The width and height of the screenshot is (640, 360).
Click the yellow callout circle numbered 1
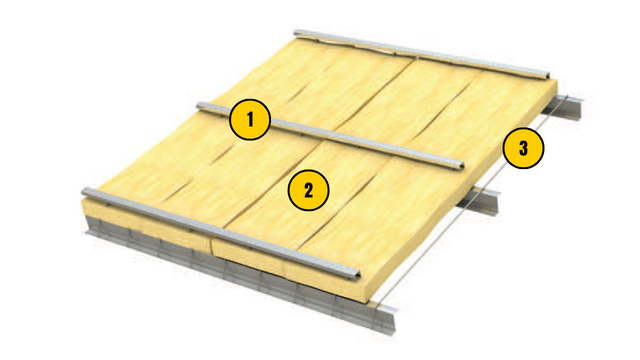pyautogui.click(x=250, y=121)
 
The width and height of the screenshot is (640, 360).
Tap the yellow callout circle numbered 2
pyautogui.click(x=309, y=189)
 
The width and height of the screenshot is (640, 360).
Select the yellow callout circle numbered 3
pyautogui.click(x=524, y=150)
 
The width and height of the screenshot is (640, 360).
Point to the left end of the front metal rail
pyautogui.click(x=85, y=191)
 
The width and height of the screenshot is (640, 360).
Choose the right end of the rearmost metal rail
pyautogui.click(x=548, y=77)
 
